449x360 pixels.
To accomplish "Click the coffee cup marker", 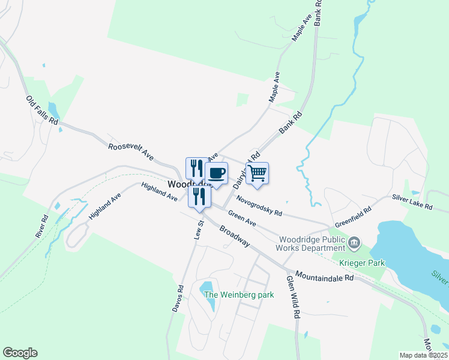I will coord(216,173).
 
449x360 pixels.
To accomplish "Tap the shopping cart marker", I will coord(257,173).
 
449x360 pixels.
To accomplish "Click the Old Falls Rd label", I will coord(41,110).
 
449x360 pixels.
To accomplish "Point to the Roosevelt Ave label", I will coord(131,151).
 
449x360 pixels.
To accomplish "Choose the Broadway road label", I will coord(234,236).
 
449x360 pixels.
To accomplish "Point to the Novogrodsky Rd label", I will coord(259,205).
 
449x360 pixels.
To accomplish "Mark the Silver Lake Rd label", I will coord(412,202).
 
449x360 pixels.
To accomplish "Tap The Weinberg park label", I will coord(239,295).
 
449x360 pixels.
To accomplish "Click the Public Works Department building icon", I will coord(354,242).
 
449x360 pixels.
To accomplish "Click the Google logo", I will coord(20,353).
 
